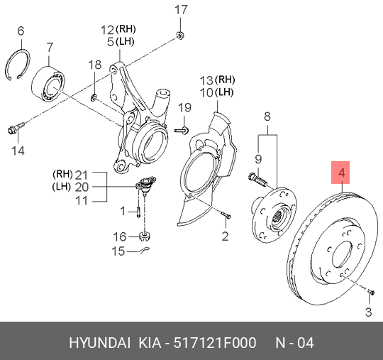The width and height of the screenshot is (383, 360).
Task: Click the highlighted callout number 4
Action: (342, 173)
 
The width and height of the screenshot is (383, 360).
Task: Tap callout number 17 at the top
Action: (182, 10)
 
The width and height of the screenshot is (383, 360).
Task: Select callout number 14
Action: (18, 151)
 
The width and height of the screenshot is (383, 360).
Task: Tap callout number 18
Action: (94, 65)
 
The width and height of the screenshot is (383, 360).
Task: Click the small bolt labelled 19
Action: (181, 129)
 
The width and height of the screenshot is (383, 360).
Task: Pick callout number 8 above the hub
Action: (267, 116)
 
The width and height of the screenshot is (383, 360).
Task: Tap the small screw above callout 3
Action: (370, 290)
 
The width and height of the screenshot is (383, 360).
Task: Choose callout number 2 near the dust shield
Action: (225, 236)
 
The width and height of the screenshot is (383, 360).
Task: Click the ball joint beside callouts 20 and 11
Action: (144, 186)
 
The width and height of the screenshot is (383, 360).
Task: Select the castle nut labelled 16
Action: (144, 236)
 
